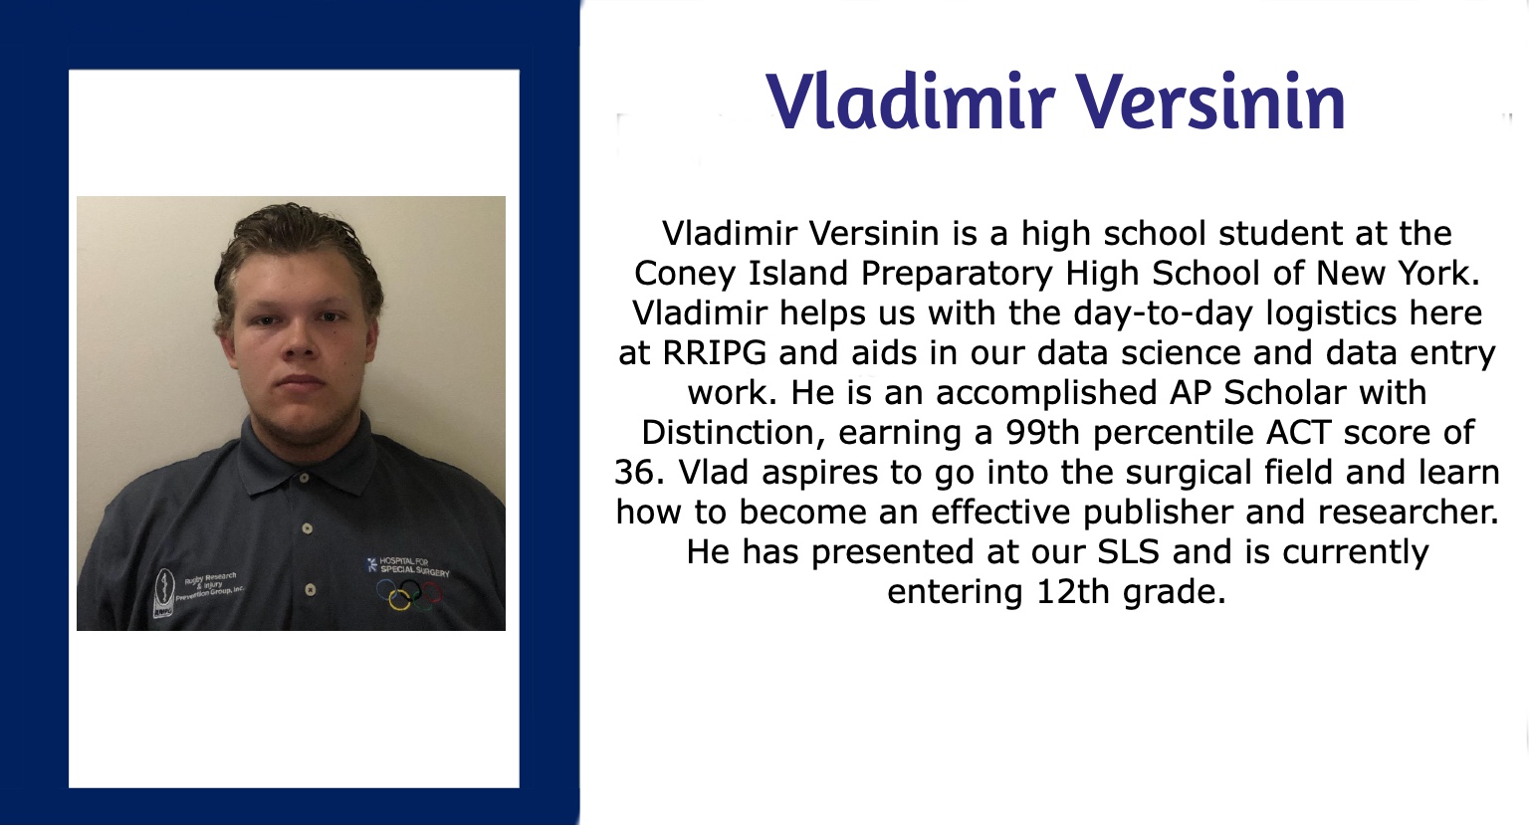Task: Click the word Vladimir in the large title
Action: [x=908, y=103]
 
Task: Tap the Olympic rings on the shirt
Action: [x=409, y=594]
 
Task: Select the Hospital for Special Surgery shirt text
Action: [x=409, y=566]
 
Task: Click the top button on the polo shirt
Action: [x=305, y=478]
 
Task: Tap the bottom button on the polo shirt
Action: [x=310, y=589]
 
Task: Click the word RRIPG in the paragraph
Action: [x=714, y=353]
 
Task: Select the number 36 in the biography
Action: [x=634, y=473]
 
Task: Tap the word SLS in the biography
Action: [x=1128, y=551]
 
